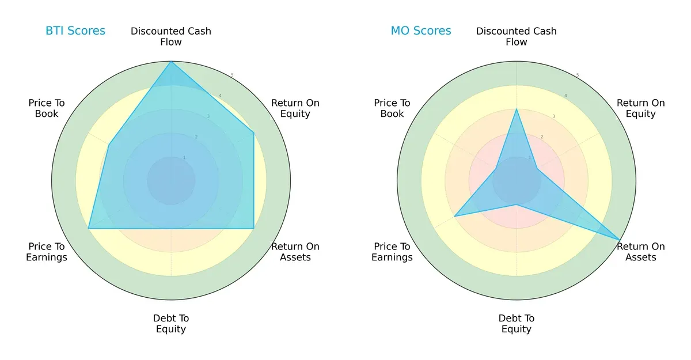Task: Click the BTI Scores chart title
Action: (x=75, y=31)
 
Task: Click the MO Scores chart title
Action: (x=421, y=31)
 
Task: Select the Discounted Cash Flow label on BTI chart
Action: (x=171, y=36)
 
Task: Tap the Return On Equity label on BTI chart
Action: (x=295, y=108)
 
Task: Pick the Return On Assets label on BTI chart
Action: (x=295, y=252)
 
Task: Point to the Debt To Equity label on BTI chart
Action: (x=171, y=324)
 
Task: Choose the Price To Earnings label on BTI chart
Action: (x=47, y=252)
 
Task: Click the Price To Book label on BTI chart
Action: (x=47, y=108)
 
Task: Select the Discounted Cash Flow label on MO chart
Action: (x=517, y=36)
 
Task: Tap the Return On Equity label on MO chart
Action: (x=640, y=108)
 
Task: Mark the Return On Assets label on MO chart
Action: (x=640, y=252)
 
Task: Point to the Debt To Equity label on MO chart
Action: (x=517, y=324)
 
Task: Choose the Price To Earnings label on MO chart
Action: (x=392, y=252)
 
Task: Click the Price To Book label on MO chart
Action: (x=392, y=108)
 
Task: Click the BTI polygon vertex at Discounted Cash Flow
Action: (x=171, y=62)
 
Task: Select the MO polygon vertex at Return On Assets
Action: (x=620, y=240)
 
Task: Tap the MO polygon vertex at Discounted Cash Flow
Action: (x=517, y=109)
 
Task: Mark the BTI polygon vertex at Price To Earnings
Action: (x=88, y=229)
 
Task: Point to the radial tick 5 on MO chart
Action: (x=578, y=75)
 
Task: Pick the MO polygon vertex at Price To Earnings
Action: (x=454, y=217)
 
